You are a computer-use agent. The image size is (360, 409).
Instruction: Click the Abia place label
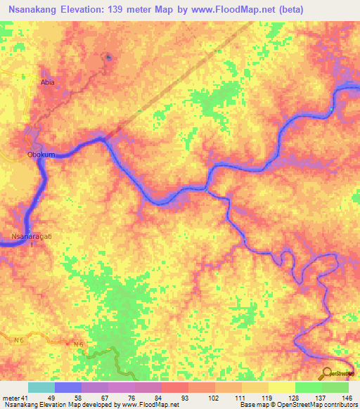tap(47, 82)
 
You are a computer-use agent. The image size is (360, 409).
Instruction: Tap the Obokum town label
tap(41, 155)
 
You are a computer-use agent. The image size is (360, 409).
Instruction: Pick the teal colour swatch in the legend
tap(41, 387)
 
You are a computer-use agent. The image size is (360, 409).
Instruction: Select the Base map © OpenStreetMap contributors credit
tap(297, 405)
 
